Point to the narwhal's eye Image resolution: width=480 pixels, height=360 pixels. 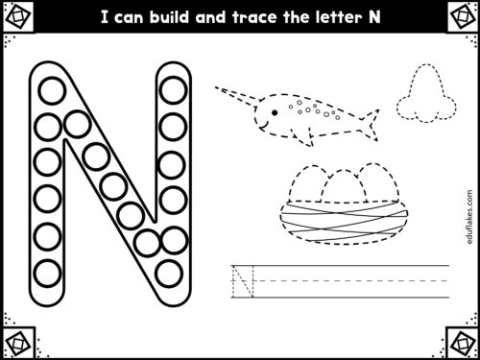coord(276,110)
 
